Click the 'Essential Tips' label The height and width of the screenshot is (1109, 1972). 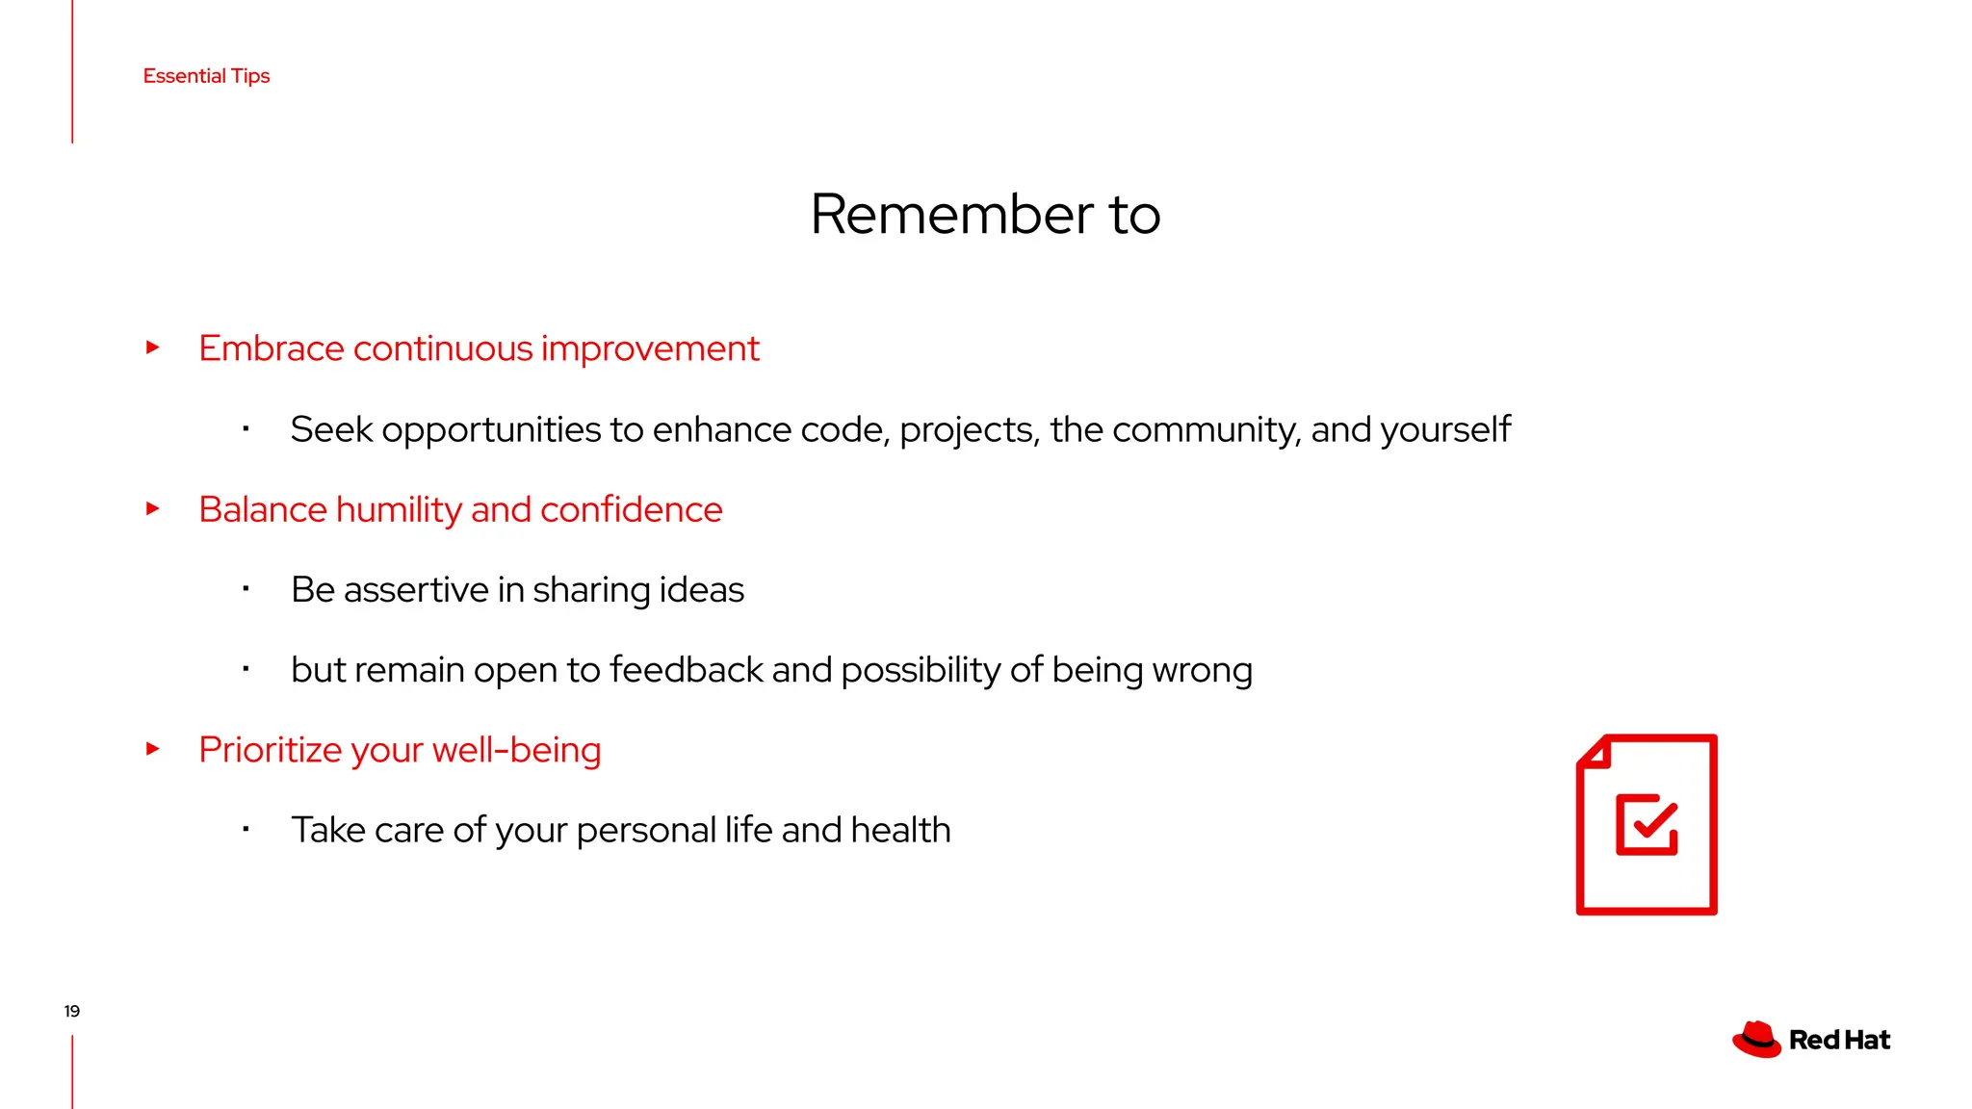[206, 76]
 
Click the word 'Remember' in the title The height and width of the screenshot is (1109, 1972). [951, 214]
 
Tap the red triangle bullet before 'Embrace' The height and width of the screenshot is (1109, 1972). [152, 348]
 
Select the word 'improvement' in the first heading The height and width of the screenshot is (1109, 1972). [650, 349]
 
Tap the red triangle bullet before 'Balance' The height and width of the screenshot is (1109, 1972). [152, 508]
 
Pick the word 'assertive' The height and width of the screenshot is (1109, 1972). [416, 590]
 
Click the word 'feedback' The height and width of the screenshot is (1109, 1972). [686, 670]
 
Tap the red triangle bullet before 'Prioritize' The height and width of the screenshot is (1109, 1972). [152, 748]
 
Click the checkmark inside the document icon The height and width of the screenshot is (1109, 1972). [1654, 820]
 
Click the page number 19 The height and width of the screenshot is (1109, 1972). [72, 1011]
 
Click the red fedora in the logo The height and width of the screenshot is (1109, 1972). [1756, 1040]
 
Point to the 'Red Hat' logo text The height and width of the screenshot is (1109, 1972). [1839, 1041]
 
